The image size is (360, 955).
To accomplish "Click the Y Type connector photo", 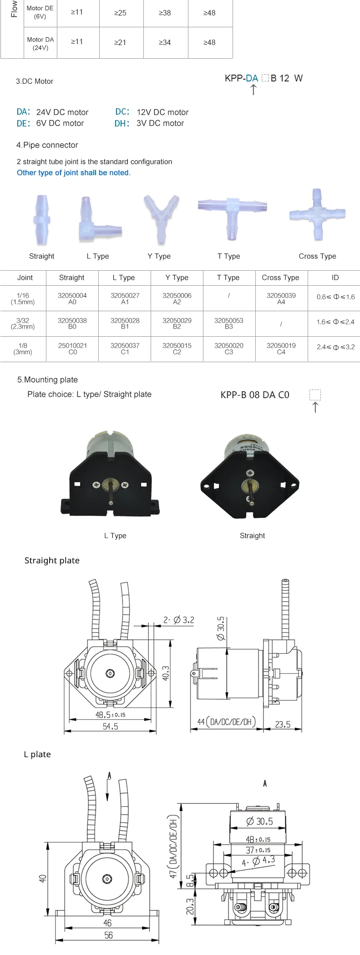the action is click(x=161, y=218).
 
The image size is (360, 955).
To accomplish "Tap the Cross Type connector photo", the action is click(x=317, y=215).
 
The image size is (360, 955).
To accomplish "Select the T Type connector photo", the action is click(x=232, y=217).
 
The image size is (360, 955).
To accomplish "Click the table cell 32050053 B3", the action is click(x=229, y=323).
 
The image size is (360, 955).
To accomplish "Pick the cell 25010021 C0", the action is click(x=72, y=349).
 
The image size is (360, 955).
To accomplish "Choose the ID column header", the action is click(x=335, y=278).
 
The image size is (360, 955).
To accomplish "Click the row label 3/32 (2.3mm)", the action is click(x=23, y=323).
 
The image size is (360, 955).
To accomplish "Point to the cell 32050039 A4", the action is click(x=281, y=298).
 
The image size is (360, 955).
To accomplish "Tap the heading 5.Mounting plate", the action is click(x=47, y=380).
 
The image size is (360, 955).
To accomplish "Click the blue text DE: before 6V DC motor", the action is click(x=24, y=123).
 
